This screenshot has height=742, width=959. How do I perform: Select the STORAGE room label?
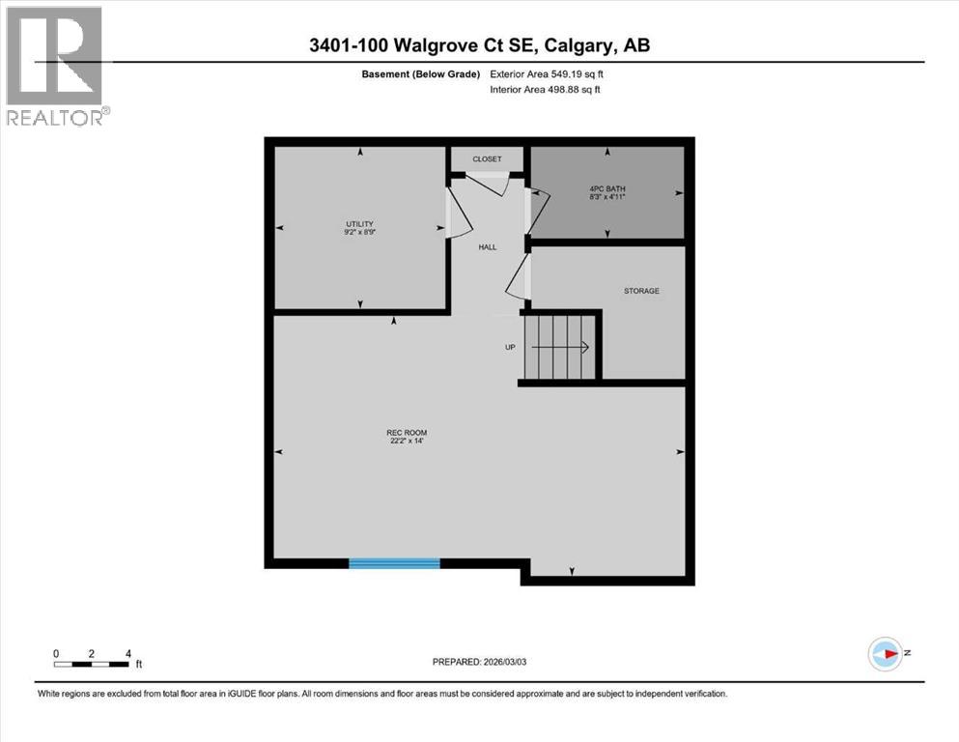(x=641, y=290)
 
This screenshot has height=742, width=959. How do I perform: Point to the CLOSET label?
(x=487, y=158)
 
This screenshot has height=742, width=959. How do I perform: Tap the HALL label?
(x=488, y=247)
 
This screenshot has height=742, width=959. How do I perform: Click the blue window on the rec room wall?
(x=394, y=562)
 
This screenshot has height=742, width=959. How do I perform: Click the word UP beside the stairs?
(x=509, y=347)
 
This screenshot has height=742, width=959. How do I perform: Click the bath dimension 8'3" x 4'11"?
(x=607, y=196)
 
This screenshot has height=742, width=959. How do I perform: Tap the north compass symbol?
(x=885, y=654)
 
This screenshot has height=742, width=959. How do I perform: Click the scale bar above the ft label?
(x=92, y=663)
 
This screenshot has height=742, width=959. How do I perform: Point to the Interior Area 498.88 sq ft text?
(x=547, y=90)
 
